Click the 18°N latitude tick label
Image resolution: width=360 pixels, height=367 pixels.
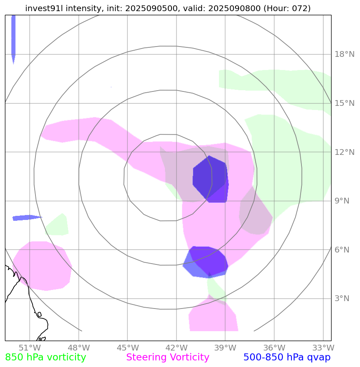coord(344,54)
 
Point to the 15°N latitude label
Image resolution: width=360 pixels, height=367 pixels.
coord(344,103)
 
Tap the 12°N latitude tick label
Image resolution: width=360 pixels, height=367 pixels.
coord(344,152)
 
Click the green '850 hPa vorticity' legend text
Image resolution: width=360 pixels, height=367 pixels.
coord(46,358)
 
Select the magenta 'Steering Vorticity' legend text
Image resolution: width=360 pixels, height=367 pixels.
coord(168,358)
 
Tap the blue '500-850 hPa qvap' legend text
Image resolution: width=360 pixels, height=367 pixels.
coord(287,358)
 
